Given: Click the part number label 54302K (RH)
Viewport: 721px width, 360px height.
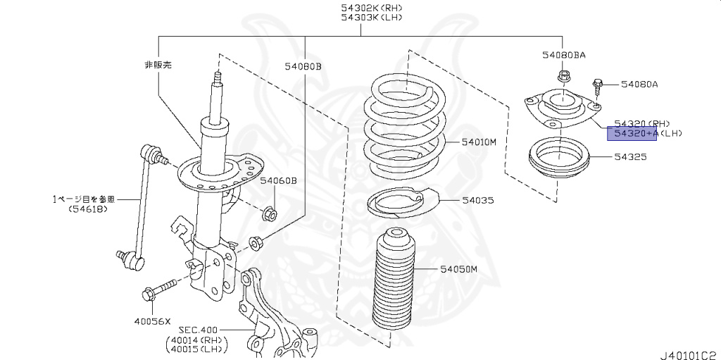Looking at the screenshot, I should click(362, 8).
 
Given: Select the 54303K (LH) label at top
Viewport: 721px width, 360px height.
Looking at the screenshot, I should click(362, 18).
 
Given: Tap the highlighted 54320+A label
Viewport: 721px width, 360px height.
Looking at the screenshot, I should click(632, 133).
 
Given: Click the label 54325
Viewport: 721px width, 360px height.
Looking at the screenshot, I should click(629, 156).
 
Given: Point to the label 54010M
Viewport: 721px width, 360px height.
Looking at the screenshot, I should click(479, 142).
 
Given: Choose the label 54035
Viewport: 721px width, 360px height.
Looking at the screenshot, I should click(478, 201).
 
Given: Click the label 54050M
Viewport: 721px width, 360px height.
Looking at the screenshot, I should click(459, 269).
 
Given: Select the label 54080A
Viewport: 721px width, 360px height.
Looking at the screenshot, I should click(639, 85).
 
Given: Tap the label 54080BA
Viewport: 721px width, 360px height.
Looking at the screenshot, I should click(564, 54).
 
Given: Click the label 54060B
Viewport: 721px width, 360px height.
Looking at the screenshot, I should click(278, 181).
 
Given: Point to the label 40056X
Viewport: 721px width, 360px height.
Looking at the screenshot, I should click(153, 321).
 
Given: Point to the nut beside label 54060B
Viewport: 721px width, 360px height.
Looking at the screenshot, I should click(269, 211).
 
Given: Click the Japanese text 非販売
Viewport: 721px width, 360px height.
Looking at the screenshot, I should click(158, 64).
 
